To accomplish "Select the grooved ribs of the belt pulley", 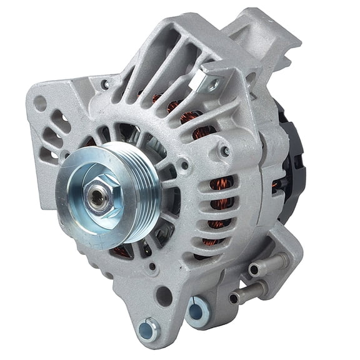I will tap(146, 187).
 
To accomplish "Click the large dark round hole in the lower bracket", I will tap(164, 296).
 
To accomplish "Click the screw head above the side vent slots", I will tap(224, 151).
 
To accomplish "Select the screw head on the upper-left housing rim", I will tap(105, 85).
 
